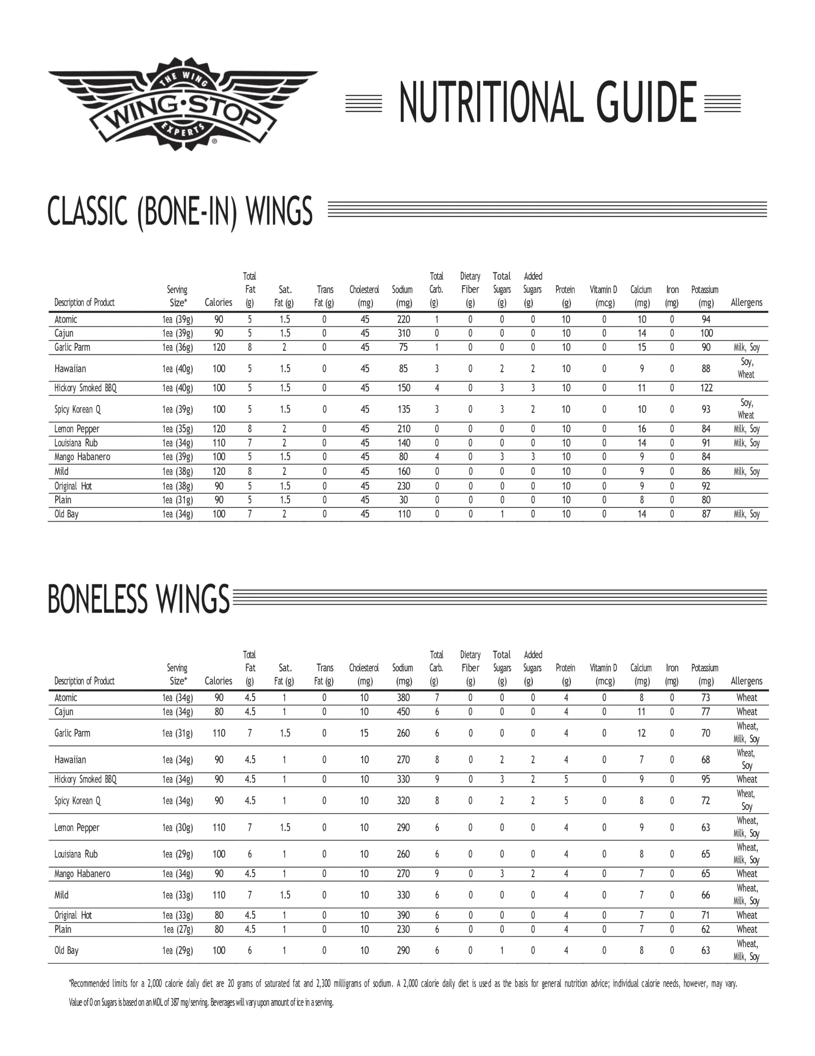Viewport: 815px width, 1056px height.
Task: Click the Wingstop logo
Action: coord(183,104)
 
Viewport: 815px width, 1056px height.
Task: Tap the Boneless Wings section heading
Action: coord(138,599)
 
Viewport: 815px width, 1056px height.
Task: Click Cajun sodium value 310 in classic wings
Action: coord(403,333)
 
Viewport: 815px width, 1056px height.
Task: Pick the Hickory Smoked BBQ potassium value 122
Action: coord(706,388)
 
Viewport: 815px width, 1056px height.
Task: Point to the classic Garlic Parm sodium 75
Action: coord(403,347)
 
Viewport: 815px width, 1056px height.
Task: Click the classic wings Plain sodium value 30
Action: coord(403,500)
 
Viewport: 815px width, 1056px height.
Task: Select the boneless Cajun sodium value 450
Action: coord(403,712)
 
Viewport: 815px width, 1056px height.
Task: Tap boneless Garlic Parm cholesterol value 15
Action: coord(364,733)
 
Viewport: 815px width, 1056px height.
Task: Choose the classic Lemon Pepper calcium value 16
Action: coord(642,429)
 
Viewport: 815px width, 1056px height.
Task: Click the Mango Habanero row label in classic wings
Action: coord(82,457)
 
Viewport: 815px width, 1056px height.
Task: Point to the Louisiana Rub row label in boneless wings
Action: coord(76,854)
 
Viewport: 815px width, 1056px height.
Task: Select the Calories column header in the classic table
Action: coord(218,302)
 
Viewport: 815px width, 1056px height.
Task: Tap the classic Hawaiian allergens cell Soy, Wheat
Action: coord(747,368)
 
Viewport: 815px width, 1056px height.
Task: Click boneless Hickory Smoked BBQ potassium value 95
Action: coord(706,780)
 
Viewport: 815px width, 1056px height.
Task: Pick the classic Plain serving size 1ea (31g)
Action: coord(177,500)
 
